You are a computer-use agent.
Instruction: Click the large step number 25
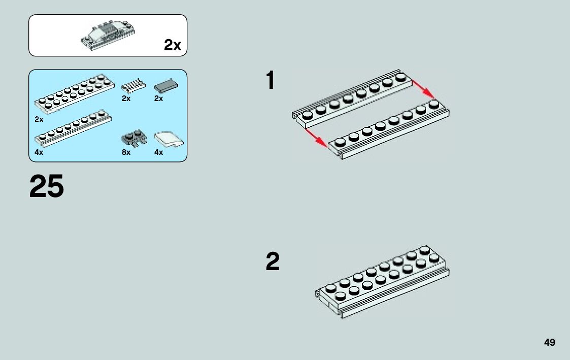pyautogui.click(x=47, y=186)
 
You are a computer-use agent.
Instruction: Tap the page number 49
pyautogui.click(x=549, y=343)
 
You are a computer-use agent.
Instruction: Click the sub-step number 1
pyautogui.click(x=271, y=80)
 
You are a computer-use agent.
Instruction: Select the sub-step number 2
pyautogui.click(x=273, y=261)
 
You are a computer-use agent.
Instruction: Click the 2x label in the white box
pyautogui.click(x=172, y=45)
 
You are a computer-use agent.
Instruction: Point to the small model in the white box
pyautogui.click(x=108, y=35)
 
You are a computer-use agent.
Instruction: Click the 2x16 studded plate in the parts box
pyautogui.click(x=74, y=92)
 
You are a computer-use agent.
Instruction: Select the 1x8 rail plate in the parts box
pyautogui.click(x=73, y=128)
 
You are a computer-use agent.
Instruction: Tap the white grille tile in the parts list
pyautogui.click(x=133, y=86)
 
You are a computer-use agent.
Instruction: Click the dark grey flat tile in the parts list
pyautogui.click(x=166, y=86)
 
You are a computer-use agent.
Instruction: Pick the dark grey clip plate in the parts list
pyautogui.click(x=134, y=138)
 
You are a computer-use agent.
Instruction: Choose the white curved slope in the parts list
pyautogui.click(x=169, y=140)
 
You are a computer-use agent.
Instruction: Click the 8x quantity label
pyautogui.click(x=126, y=152)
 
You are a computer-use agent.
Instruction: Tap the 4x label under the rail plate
pyautogui.click(x=39, y=152)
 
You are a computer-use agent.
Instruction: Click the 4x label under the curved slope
pyautogui.click(x=158, y=152)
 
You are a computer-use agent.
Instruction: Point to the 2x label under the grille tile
pyautogui.click(x=126, y=99)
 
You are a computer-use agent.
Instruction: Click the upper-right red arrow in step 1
pyautogui.click(x=423, y=89)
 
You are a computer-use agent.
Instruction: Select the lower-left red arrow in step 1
pyautogui.click(x=316, y=138)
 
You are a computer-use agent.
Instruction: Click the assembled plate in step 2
pyautogui.click(x=382, y=282)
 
